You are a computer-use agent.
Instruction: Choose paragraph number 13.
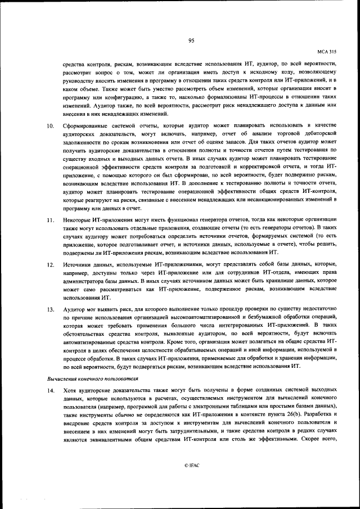[x=50, y=310]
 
